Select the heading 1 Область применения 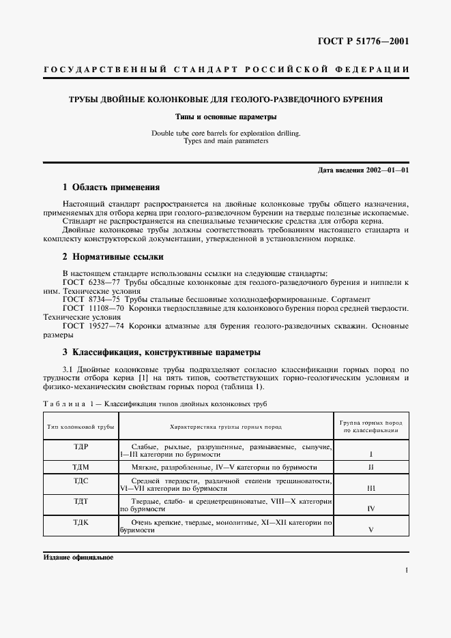[x=111, y=187]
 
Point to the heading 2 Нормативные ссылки [x=113, y=256]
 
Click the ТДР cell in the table [x=81, y=446]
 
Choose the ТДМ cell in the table [x=81, y=468]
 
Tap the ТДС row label [x=81, y=482]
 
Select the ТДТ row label [x=81, y=501]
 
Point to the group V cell [x=370, y=528]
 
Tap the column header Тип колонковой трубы [x=81, y=426]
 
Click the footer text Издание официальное [x=78, y=557]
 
